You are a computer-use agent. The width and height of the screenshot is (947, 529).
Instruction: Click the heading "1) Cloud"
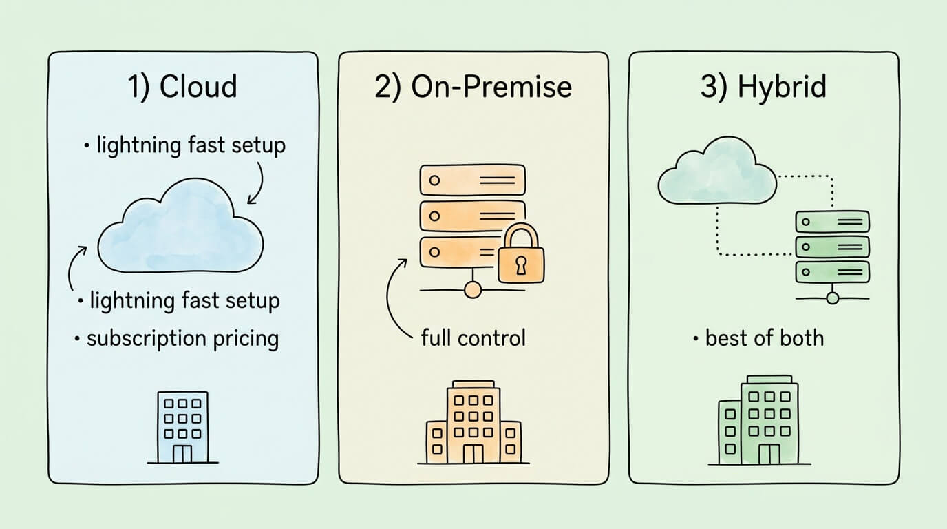[x=182, y=87]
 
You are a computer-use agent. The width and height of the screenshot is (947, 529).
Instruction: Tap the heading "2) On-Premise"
[x=473, y=87]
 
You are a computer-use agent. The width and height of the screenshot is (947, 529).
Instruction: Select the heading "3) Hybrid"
[x=763, y=87]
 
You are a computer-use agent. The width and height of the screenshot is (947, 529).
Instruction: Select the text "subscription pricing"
[x=182, y=339]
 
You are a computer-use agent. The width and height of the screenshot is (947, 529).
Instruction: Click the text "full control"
[x=473, y=338]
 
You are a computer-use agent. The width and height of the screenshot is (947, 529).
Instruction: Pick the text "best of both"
[x=764, y=338]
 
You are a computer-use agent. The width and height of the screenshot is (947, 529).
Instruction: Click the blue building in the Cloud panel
[x=182, y=427]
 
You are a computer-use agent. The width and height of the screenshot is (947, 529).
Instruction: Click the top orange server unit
[x=473, y=180]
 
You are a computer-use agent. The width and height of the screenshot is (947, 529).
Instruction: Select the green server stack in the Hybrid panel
[x=832, y=246]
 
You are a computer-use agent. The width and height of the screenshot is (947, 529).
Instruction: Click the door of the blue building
[x=182, y=453]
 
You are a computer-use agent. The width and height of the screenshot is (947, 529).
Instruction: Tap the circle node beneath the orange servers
[x=473, y=290]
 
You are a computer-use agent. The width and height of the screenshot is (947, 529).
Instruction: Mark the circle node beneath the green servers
[x=832, y=298]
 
